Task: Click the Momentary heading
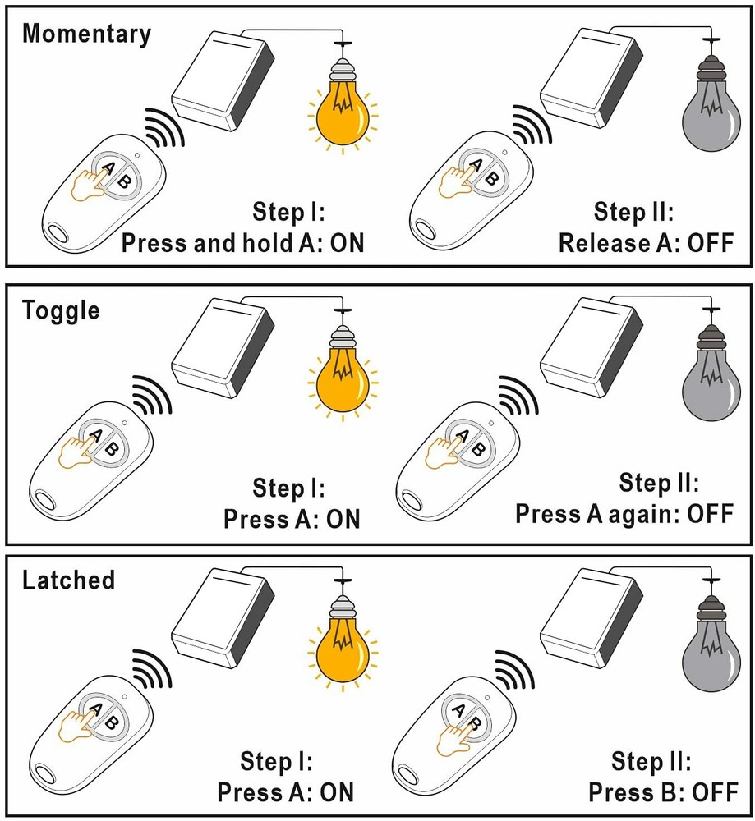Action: click(86, 34)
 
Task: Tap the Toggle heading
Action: click(61, 311)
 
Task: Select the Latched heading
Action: click(68, 580)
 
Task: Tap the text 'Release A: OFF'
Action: click(645, 243)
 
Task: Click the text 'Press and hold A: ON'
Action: click(242, 243)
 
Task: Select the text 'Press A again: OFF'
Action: click(624, 514)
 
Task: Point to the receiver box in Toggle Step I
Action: click(222, 349)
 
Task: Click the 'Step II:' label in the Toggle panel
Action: click(658, 484)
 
